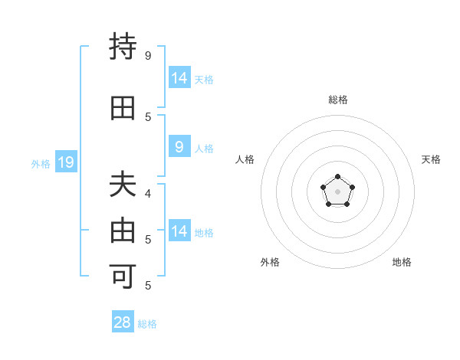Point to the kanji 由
[x=123, y=231]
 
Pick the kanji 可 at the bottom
[x=123, y=275]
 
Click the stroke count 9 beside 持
[x=148, y=56]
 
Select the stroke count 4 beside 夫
[x=148, y=194]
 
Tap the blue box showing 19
[x=65, y=162]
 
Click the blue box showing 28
[x=123, y=322]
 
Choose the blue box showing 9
[x=179, y=148]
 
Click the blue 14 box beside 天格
[x=179, y=78]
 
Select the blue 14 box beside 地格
[x=179, y=231]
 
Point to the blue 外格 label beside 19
[x=41, y=163]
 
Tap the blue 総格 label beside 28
[x=147, y=323]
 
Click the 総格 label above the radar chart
[x=338, y=100]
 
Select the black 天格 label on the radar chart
[x=431, y=159]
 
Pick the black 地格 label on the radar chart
[x=402, y=262]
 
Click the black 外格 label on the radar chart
[x=270, y=262]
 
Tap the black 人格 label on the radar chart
[x=245, y=159]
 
